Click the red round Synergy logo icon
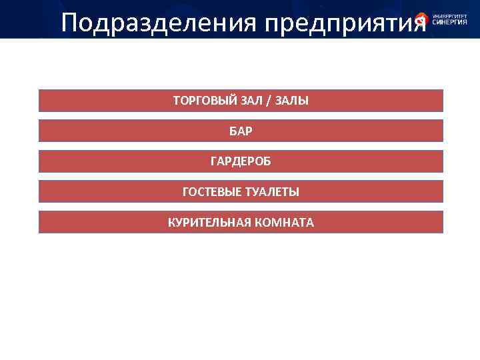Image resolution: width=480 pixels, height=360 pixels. (421, 19)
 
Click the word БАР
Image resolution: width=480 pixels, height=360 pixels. (241, 131)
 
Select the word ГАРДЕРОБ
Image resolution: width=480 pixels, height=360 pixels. (241, 161)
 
